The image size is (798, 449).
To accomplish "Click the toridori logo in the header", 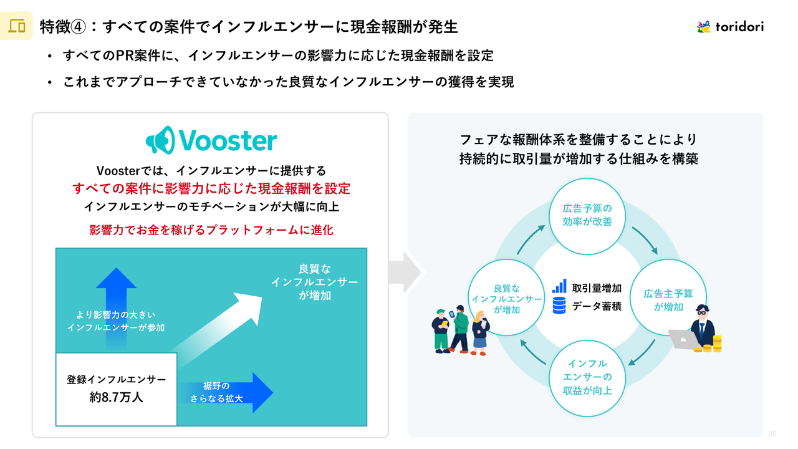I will pyautogui.click(x=730, y=26).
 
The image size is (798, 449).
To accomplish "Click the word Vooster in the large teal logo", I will pyautogui.click(x=227, y=140).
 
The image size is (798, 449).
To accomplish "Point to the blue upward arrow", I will pyautogui.click(x=117, y=299).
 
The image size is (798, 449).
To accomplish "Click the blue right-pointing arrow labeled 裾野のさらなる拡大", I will pyautogui.click(x=228, y=392).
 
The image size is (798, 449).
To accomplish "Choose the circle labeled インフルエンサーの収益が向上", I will pyautogui.click(x=587, y=377).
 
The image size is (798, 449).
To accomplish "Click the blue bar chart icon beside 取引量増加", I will pyautogui.click(x=559, y=287).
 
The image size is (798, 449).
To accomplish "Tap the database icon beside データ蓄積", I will pyautogui.click(x=559, y=306).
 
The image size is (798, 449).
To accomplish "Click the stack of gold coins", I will pyautogui.click(x=717, y=344).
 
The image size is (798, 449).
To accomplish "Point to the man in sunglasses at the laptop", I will pyautogui.click(x=701, y=324).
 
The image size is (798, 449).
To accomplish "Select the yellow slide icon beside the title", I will pyautogui.click(x=17, y=26).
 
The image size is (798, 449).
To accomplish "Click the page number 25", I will pyautogui.click(x=772, y=434).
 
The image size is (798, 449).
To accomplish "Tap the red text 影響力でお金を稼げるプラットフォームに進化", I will pyautogui.click(x=211, y=230).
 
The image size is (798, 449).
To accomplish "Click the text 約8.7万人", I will pyautogui.click(x=117, y=397).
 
